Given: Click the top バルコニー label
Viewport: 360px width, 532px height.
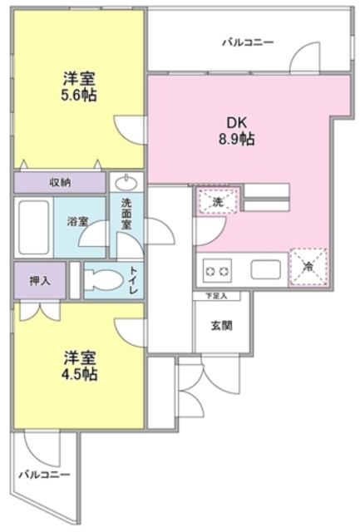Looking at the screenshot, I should (247, 41).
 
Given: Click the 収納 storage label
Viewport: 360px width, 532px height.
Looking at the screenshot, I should (58, 182).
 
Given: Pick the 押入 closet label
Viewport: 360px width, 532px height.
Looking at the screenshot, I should (40, 279).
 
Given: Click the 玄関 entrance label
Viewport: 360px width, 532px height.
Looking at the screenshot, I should (220, 324).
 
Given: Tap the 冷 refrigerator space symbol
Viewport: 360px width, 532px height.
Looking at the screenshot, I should (308, 268).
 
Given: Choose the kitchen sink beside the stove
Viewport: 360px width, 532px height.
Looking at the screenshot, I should (267, 270).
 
